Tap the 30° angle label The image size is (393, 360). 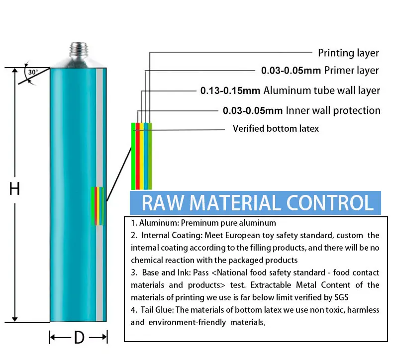click(x=32, y=73)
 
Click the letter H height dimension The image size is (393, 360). click(x=15, y=189)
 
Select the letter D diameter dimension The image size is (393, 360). click(x=79, y=338)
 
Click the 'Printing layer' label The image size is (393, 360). click(x=348, y=53)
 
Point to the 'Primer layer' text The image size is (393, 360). click(x=351, y=71)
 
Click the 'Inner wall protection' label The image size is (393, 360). click(x=333, y=110)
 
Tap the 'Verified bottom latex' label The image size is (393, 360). click(x=276, y=129)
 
